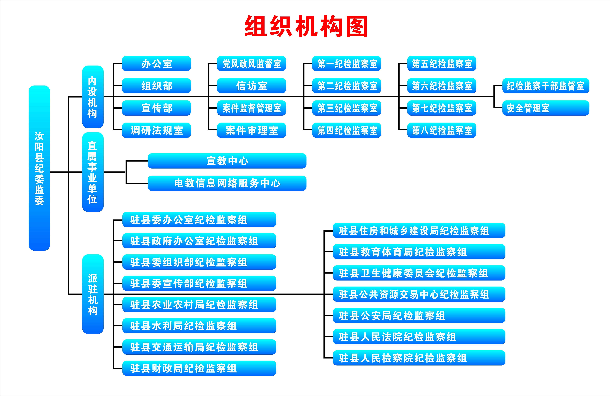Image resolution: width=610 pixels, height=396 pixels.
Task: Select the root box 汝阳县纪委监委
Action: click(x=39, y=168)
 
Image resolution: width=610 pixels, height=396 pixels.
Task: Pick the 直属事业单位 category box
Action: click(x=93, y=172)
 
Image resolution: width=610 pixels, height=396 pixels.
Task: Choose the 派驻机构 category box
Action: click(x=93, y=294)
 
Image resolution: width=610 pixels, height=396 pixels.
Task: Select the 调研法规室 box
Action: click(x=156, y=130)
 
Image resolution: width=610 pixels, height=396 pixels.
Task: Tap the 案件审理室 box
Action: click(x=251, y=130)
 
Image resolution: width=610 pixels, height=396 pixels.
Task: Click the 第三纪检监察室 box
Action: click(x=347, y=108)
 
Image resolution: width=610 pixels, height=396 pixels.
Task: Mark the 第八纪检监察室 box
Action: click(x=442, y=130)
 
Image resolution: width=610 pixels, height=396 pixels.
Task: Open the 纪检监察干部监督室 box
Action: click(x=546, y=86)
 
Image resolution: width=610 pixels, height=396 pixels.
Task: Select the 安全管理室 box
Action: click(x=546, y=108)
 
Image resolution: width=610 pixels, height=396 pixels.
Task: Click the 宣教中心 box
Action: click(x=227, y=161)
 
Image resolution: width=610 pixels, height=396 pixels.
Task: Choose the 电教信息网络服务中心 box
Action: click(x=227, y=183)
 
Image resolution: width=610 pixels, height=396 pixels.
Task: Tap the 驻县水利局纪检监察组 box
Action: click(x=199, y=326)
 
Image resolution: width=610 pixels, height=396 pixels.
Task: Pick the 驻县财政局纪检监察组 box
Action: click(x=199, y=368)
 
